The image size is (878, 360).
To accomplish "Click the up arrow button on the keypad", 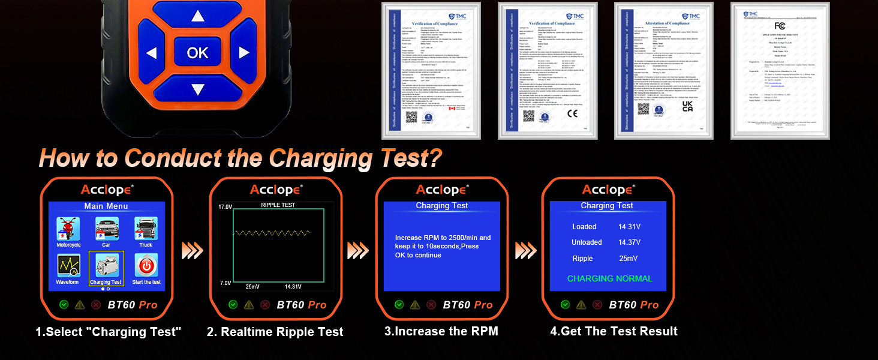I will point(197,17).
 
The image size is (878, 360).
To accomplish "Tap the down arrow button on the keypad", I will point(197,89).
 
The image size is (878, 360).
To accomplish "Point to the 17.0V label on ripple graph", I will point(224,207).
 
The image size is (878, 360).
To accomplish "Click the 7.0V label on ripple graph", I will point(224,283).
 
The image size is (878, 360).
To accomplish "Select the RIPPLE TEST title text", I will point(278,205).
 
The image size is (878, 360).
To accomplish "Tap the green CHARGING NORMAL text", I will point(609,278).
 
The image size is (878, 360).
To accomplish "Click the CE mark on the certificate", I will point(572,112).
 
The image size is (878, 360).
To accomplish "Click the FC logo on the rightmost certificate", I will point(780,25).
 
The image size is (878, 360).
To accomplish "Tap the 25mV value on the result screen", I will point(628,259).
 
